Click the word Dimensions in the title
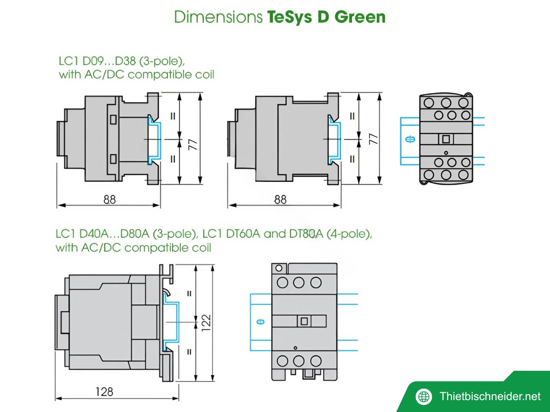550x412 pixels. click(219, 17)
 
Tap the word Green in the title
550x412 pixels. click(360, 17)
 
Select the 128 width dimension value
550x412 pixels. click(104, 392)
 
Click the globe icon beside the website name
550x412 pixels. click(423, 396)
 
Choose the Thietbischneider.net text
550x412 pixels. click(489, 396)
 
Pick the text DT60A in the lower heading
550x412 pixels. click(243, 234)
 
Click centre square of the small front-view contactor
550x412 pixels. click(445, 139)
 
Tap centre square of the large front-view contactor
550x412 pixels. click(303, 321)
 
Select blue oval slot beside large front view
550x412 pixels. click(260, 321)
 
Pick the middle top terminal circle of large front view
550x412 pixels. click(298, 282)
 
